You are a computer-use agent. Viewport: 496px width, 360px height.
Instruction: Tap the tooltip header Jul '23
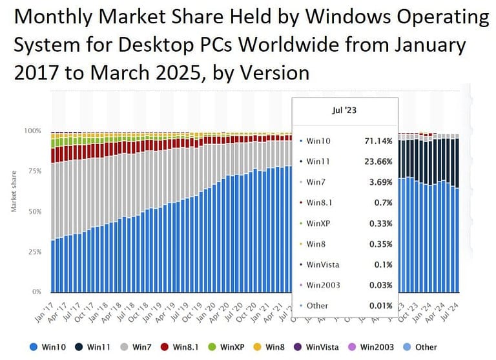344,111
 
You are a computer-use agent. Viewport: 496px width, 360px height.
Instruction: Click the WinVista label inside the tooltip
323,264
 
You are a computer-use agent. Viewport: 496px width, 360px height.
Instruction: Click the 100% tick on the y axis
32,131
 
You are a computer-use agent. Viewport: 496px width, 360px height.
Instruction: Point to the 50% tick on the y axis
34,211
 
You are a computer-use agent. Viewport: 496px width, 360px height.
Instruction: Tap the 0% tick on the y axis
36,291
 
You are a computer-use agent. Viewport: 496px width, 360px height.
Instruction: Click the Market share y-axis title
14,191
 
